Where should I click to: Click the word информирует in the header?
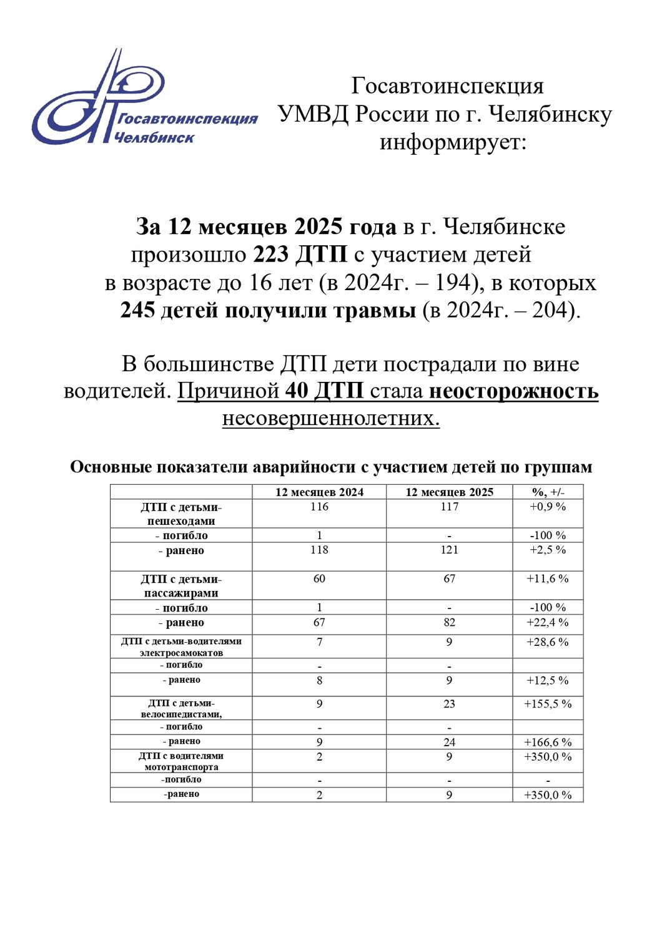click(453, 142)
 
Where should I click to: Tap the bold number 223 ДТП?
click(300, 255)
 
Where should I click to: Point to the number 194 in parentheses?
click(452, 283)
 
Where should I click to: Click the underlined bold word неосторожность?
click(514, 391)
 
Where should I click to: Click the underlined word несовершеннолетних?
click(331, 418)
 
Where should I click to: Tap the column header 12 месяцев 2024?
click(319, 492)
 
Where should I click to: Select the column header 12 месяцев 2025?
click(449, 492)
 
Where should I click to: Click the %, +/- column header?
click(548, 492)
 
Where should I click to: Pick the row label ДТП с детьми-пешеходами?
click(181, 514)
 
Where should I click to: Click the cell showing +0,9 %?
click(548, 507)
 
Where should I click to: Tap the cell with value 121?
click(449, 550)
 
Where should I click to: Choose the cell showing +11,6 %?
click(548, 579)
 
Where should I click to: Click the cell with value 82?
click(449, 623)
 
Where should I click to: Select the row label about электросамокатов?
click(181, 647)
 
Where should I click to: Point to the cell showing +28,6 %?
click(548, 642)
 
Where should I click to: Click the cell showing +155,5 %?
click(548, 704)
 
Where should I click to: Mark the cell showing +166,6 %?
click(548, 743)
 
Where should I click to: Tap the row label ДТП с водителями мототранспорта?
click(181, 761)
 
